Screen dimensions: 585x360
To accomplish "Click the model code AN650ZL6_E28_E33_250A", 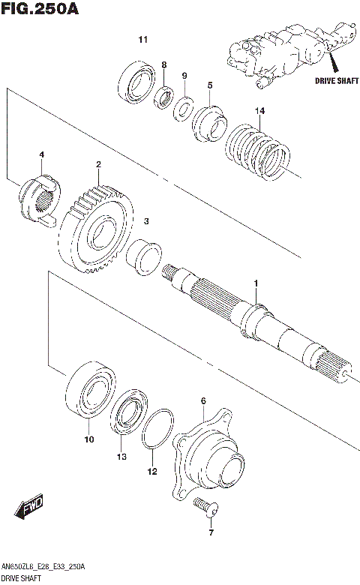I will pyautogui.click(x=43, y=566).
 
